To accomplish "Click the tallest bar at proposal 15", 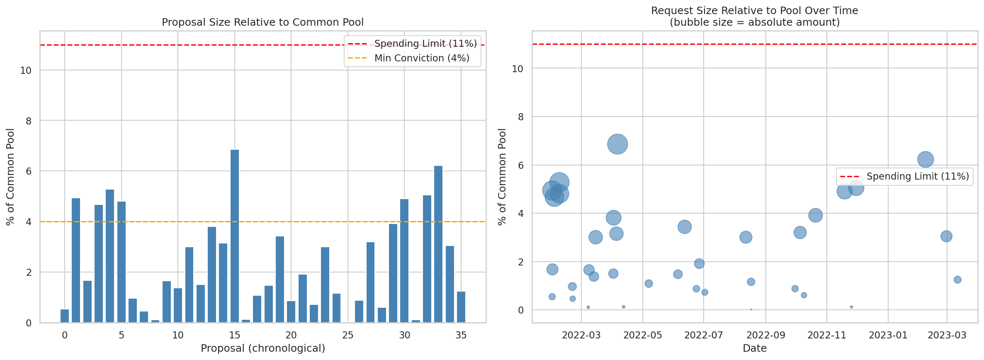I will (235, 236).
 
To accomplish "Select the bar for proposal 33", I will (438, 244).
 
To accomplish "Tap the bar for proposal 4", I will (110, 256).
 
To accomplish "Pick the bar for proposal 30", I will (404, 261).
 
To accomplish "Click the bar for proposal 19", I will (280, 280).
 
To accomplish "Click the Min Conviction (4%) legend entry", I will (422, 58).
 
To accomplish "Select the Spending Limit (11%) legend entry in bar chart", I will (425, 44).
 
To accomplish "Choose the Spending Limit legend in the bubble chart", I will (917, 176).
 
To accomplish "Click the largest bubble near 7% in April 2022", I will (617, 144).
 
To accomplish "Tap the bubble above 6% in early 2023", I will (926, 159).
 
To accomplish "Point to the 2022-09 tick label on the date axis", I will (766, 335).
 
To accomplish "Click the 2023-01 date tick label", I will (888, 335).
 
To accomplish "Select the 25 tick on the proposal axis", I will (348, 335).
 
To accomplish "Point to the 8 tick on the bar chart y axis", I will (29, 121).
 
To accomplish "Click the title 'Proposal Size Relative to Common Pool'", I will (262, 22).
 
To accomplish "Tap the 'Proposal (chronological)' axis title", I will (262, 348).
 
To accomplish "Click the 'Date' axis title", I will (755, 348).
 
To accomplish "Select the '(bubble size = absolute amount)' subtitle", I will (755, 22).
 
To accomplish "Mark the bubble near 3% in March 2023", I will (946, 236).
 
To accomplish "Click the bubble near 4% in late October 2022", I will (816, 215).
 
